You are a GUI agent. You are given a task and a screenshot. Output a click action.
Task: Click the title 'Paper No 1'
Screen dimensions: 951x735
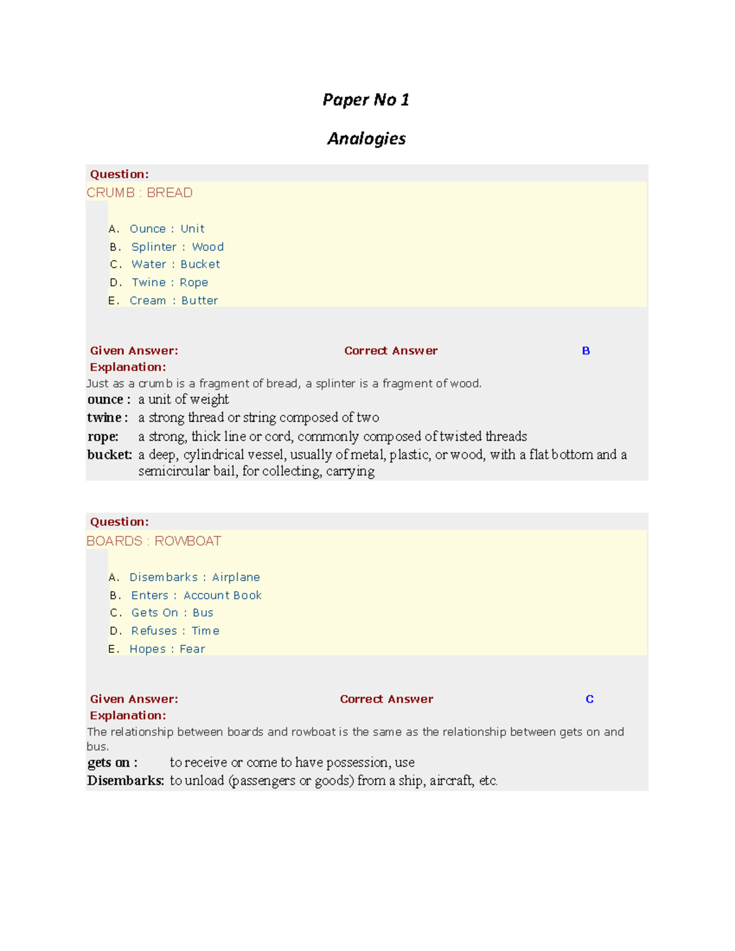click(x=366, y=100)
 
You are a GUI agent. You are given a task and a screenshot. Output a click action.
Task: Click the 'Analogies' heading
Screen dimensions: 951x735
click(x=366, y=139)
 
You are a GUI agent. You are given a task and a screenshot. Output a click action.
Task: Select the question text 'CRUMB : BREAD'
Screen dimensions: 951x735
click(x=140, y=193)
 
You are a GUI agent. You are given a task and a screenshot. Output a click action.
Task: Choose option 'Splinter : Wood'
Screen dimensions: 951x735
click(x=177, y=247)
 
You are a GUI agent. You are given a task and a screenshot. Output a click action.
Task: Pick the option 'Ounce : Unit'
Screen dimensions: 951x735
click(x=167, y=229)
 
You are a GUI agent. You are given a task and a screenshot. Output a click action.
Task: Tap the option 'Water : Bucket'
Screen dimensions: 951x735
click(x=175, y=265)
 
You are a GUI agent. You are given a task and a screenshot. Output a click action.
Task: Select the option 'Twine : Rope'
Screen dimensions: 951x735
click(x=170, y=282)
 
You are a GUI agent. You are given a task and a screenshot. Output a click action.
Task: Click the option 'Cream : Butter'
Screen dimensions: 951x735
click(x=173, y=301)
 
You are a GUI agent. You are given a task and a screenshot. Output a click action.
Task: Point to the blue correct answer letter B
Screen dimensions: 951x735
click(x=586, y=351)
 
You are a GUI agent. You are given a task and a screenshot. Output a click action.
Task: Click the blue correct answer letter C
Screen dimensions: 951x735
click(x=589, y=699)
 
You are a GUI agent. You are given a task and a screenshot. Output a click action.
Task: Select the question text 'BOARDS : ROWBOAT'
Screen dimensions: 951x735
click(x=154, y=541)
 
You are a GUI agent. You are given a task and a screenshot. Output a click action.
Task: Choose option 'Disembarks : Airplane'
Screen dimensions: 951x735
click(x=194, y=577)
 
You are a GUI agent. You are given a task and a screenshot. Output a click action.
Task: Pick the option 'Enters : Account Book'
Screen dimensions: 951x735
click(x=196, y=595)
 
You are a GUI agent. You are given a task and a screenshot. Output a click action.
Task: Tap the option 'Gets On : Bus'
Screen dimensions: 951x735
click(x=172, y=613)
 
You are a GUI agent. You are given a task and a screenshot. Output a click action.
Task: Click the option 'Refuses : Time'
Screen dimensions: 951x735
click(x=175, y=631)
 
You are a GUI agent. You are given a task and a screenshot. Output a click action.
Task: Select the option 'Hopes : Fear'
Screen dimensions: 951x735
click(x=167, y=649)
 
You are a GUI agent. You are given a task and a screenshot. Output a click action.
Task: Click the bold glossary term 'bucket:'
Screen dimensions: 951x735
click(x=110, y=455)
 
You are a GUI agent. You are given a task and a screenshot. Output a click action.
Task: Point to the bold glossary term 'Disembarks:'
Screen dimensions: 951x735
click(x=126, y=781)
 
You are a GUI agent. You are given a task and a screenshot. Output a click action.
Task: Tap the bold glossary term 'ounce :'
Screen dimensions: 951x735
click(x=108, y=400)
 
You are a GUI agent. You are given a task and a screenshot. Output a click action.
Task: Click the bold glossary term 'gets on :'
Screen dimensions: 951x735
click(x=112, y=763)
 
